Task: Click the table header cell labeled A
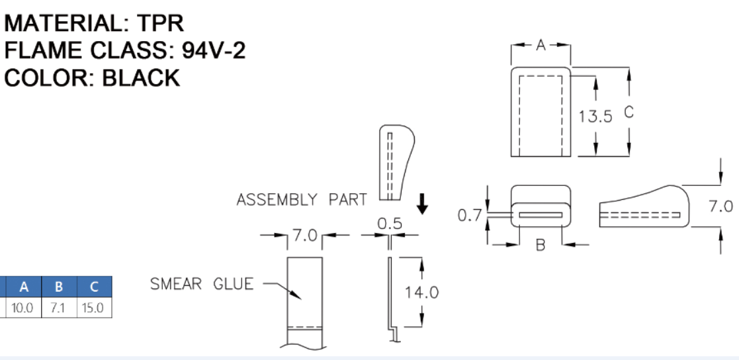[x=24, y=287]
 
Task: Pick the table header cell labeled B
[x=59, y=287]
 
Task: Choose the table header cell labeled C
[x=94, y=287]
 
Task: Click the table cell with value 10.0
[x=24, y=308]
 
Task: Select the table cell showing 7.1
[x=59, y=308]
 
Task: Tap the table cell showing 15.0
[x=94, y=308]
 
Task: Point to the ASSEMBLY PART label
[x=302, y=200]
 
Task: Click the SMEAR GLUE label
[x=202, y=285]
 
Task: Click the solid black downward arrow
[x=421, y=203]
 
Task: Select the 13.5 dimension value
[x=595, y=116]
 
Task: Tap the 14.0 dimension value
[x=422, y=292]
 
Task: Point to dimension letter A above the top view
[x=541, y=45]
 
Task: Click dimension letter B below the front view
[x=541, y=245]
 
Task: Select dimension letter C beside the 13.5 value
[x=629, y=112]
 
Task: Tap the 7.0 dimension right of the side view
[x=720, y=206]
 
